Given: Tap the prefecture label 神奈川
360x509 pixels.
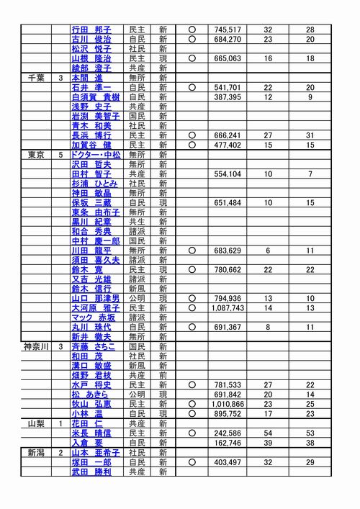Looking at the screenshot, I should (x=36, y=347).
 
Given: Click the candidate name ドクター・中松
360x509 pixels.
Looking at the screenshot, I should (x=96, y=155).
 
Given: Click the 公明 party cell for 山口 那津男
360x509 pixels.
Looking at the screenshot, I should (x=137, y=299).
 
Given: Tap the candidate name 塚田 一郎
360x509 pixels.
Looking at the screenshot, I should (x=91, y=462).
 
